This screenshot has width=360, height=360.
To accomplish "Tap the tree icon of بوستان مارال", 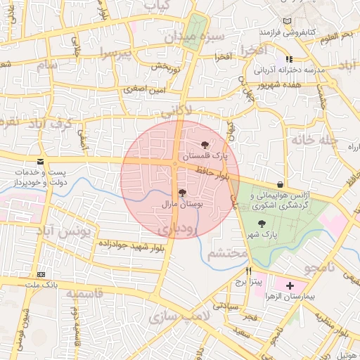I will (x=182, y=193).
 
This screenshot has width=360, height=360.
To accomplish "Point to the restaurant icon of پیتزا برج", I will (x=248, y=271).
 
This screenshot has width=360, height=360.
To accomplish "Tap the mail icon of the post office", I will (x=43, y=162).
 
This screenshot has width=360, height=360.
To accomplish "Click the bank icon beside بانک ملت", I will (x=41, y=274).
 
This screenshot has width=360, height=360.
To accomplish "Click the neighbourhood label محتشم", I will (x=228, y=253).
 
